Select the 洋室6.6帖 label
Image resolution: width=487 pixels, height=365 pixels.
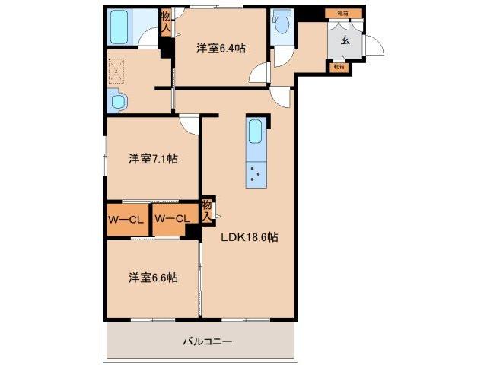(x=152, y=278)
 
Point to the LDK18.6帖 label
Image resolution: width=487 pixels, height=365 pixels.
(x=250, y=236)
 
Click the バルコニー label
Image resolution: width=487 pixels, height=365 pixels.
(x=202, y=342)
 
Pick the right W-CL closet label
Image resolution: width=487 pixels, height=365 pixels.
(x=173, y=220)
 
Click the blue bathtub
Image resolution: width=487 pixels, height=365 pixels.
(x=122, y=27)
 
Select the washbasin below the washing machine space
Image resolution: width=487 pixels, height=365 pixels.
(x=118, y=100)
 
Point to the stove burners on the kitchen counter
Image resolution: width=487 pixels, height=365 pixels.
(x=256, y=176)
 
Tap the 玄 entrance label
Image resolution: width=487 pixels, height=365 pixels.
(x=345, y=40)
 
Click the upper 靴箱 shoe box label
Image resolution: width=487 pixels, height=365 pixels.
(x=335, y=14)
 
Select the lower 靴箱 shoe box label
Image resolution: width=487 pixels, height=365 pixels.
(x=338, y=67)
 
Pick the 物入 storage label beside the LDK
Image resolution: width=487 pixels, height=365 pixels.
(x=207, y=209)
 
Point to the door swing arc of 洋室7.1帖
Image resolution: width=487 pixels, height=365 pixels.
(x=189, y=124)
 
